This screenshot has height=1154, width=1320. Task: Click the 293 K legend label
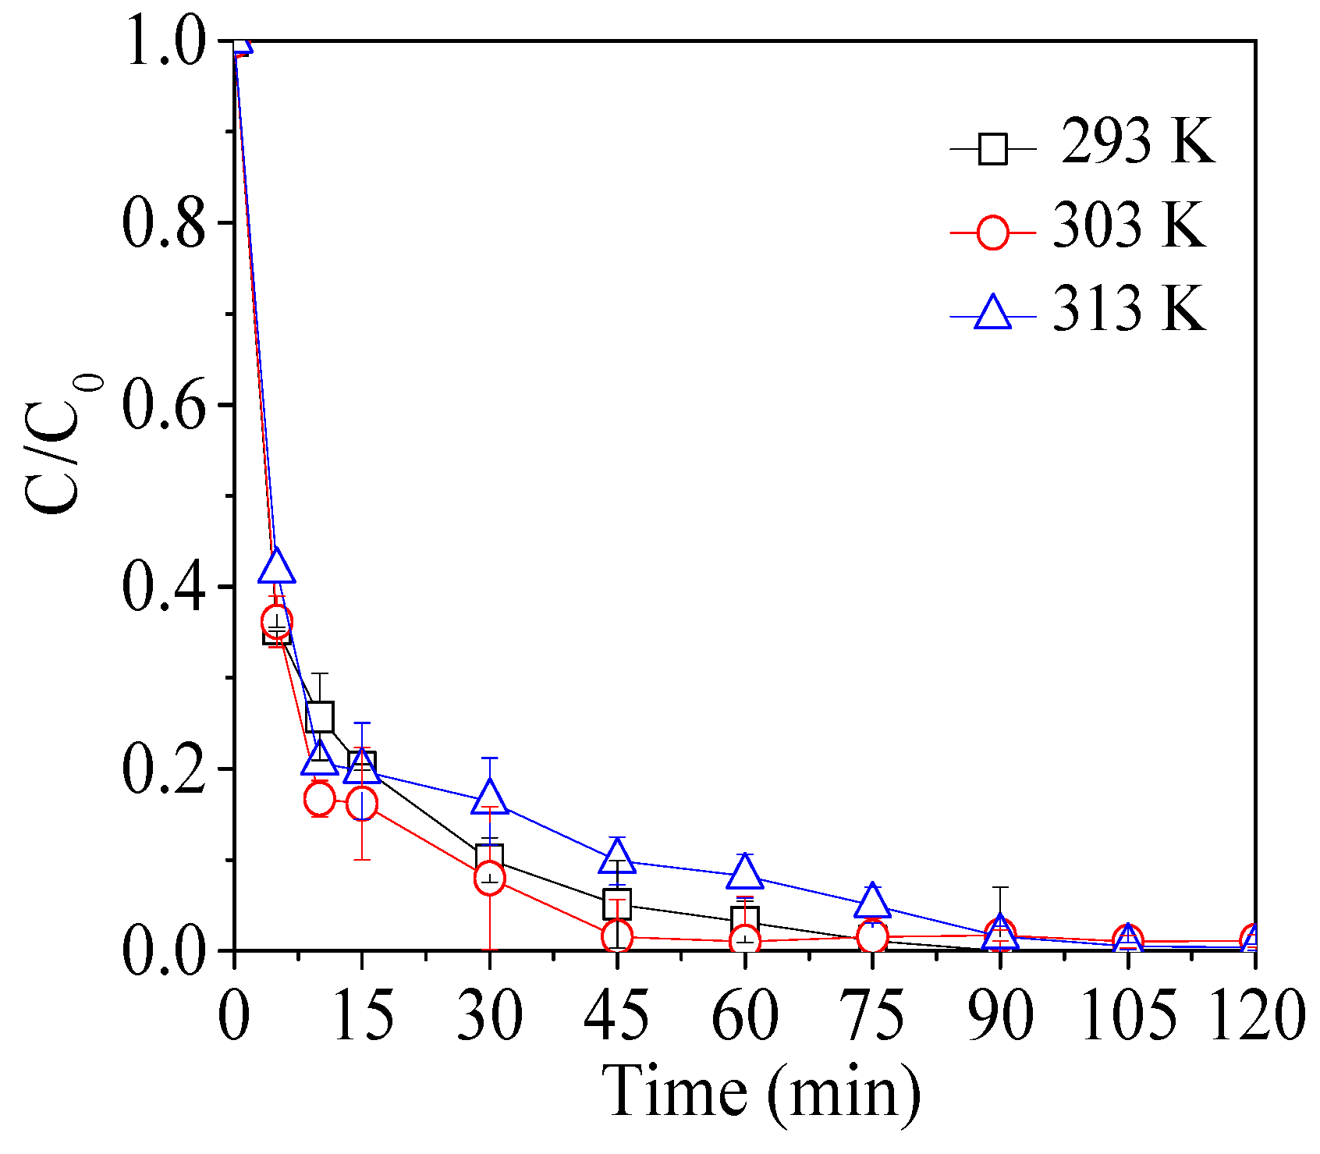click(1137, 142)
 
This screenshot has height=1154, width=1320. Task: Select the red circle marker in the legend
click(992, 233)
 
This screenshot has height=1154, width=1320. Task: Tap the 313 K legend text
click(1128, 309)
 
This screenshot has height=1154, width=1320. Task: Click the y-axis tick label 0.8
click(165, 223)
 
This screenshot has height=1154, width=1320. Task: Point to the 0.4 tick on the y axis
click(165, 588)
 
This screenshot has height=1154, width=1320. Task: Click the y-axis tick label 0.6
click(165, 405)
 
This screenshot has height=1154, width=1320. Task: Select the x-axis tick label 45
click(616, 1015)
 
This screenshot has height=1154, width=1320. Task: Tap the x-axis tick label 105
click(1127, 1015)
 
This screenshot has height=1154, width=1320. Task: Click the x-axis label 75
click(872, 1015)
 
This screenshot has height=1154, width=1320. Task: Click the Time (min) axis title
click(761, 1092)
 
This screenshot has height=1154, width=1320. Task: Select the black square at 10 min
click(320, 715)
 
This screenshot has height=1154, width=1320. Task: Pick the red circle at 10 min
click(320, 798)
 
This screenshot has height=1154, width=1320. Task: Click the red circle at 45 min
click(616, 936)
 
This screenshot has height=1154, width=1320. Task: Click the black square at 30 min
click(489, 857)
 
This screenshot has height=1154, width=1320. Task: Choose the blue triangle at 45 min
click(616, 857)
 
